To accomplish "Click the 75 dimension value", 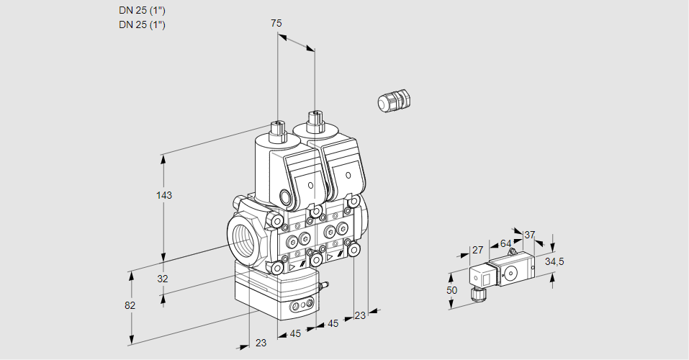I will point(276,24).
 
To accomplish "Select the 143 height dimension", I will point(165,195).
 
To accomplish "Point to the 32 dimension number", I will point(163,279).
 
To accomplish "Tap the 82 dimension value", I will point(130,305).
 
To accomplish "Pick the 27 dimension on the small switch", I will point(477,250).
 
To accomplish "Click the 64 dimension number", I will point(505,244).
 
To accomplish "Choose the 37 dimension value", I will point(530,235).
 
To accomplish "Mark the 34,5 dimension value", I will point(554,261).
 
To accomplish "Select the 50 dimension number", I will point(451,290).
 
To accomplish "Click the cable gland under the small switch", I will point(475,293).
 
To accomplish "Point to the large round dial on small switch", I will point(512,272).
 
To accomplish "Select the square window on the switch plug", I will point(486,276).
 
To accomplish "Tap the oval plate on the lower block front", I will point(302,307).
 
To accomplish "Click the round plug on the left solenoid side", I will point(287,197).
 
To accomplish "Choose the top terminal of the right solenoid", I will point(314,119).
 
